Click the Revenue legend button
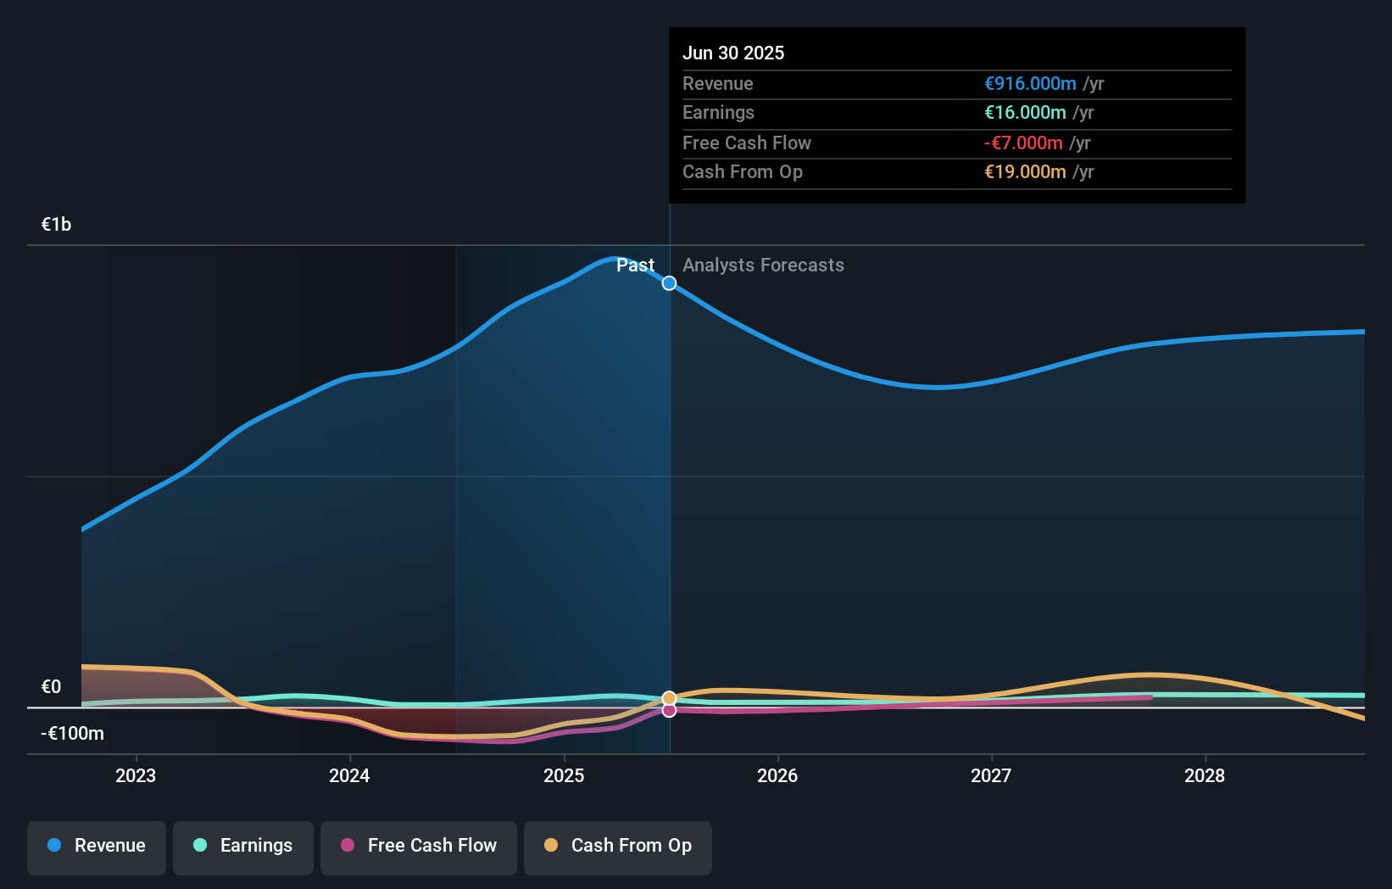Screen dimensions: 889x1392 tap(97, 846)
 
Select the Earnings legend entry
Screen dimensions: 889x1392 tap(243, 846)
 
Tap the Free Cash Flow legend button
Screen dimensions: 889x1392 tap(419, 846)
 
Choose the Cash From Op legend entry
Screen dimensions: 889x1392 tap(618, 846)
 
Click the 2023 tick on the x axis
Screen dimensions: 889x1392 tap(136, 775)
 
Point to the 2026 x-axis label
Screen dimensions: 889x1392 tap(777, 775)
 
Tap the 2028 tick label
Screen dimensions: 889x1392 tap(1205, 775)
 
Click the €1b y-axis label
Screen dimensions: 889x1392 tap(56, 225)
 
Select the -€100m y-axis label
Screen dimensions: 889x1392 tap(72, 733)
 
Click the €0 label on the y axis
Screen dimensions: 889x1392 tap(51, 686)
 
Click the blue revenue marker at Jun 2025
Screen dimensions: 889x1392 tap(669, 283)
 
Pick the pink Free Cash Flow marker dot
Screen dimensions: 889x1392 tap(669, 710)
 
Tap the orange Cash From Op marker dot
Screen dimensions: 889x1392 tap(669, 698)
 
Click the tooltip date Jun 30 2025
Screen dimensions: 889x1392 tap(733, 53)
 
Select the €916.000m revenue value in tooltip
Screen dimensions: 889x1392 tap(1030, 84)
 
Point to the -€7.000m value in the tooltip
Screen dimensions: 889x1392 tap(1023, 143)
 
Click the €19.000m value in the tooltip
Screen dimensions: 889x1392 tap(1025, 172)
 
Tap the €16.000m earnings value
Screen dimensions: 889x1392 tap(1025, 113)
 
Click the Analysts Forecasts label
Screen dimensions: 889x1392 tap(763, 266)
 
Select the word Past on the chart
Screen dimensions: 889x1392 tap(635, 266)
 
